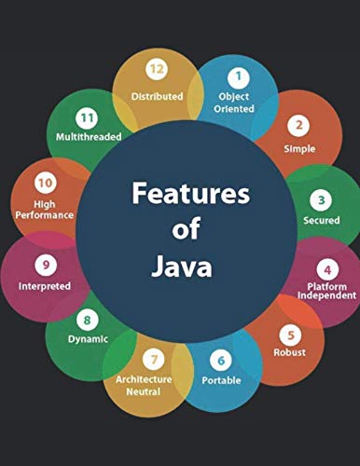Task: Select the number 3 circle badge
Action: coord(320,199)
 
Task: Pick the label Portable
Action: coord(222,380)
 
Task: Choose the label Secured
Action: coord(320,220)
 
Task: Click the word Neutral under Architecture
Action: coord(144,391)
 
